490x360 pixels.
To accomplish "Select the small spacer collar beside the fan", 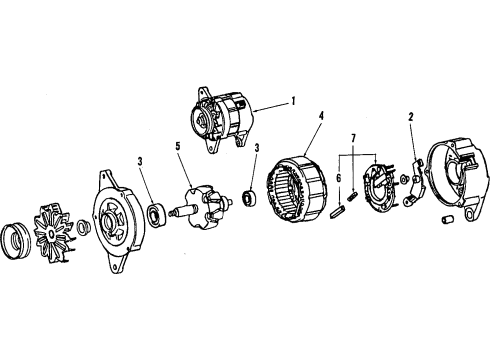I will pos(85,232).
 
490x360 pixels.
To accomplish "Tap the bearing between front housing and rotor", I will pos(157,212).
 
